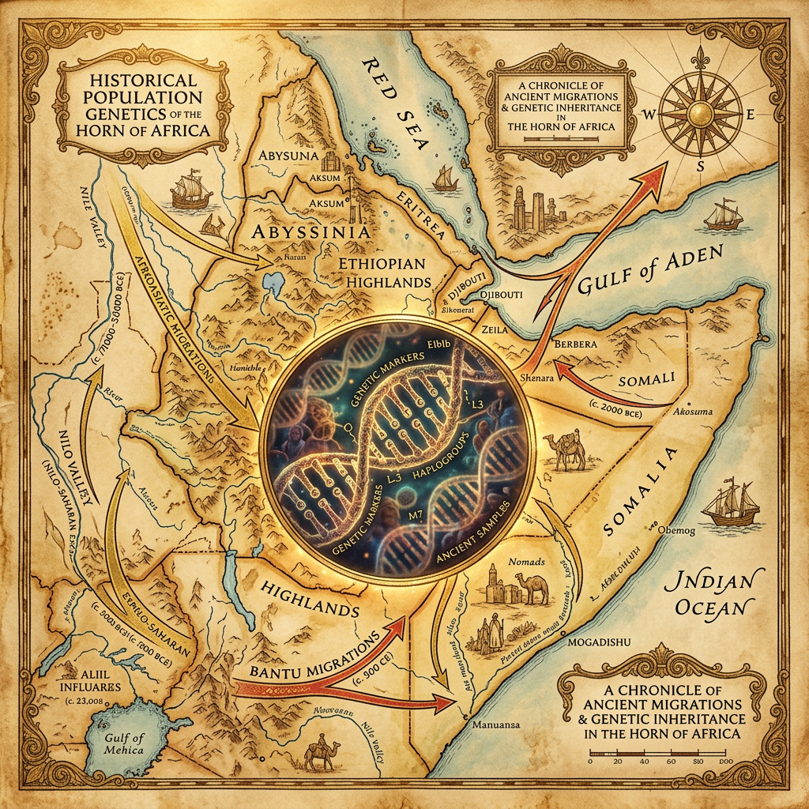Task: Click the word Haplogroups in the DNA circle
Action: (x=423, y=464)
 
